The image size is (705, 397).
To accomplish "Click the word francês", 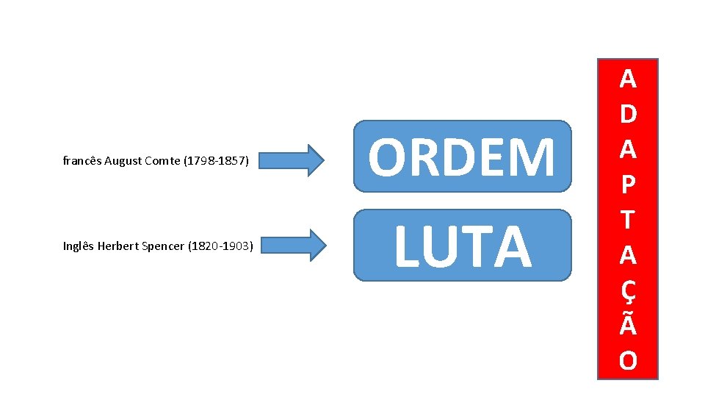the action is pos(82,160).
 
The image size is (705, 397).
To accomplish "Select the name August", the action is pos(123,160).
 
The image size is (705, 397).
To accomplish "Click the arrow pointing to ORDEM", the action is pos(292,160).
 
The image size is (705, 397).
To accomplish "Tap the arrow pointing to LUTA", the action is pos(292,246).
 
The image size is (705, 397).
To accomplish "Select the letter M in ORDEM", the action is pos(535,158).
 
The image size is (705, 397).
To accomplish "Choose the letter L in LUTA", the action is pos(406,247).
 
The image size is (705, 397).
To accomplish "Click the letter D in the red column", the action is pos(628,115).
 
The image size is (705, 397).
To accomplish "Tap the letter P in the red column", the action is pos(628,185).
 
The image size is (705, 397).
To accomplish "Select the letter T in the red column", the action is pos(628,219).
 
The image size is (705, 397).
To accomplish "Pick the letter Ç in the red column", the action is pos(628,291).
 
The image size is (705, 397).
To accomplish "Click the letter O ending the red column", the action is pos(628,361).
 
